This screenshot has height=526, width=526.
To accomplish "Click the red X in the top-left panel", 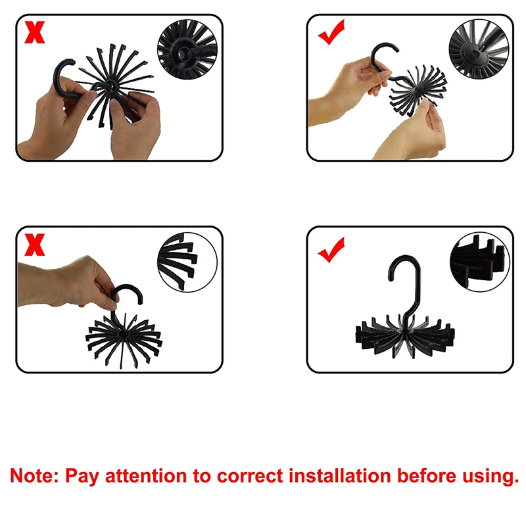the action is pos(35,32).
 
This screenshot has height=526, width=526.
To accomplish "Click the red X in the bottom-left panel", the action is pos(35,245).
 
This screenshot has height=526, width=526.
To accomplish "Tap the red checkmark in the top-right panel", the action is pos(331,32).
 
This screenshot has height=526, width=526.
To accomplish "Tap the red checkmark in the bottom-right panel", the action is pos(331,250).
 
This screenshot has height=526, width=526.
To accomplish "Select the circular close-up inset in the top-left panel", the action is pos(187,49).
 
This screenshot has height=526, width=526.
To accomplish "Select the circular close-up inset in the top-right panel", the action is pos(479,49).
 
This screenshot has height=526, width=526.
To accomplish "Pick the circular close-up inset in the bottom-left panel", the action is pos(187,262).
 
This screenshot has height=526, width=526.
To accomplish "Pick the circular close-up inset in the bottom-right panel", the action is pos(480,262).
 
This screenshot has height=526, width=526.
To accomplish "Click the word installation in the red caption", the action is pos(340,475).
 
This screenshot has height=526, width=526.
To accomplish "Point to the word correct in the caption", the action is pos(250,476).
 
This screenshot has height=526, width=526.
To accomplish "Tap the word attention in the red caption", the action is pos(146,476).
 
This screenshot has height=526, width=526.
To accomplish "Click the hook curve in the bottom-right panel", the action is pos(405,268).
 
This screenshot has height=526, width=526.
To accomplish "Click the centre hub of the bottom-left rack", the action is pos(123,335).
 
